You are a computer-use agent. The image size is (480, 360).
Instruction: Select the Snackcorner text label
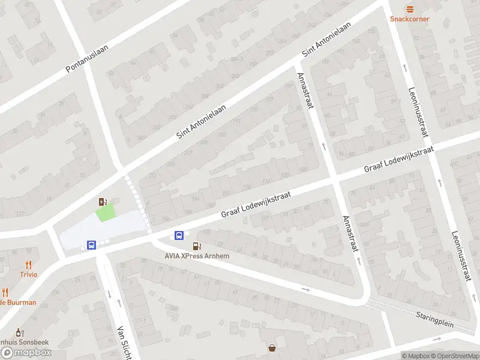[410, 19]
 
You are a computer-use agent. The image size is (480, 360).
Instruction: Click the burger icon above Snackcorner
[410, 9]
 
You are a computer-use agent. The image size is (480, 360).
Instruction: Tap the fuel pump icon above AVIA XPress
[196, 247]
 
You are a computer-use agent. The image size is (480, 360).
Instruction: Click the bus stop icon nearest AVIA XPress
[179, 235]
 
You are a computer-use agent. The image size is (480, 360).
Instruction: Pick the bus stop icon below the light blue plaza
[91, 245]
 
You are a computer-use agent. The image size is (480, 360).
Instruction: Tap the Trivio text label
[28, 274]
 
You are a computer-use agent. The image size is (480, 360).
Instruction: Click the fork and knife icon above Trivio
[28, 265]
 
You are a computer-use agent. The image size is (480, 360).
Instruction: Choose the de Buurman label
[18, 302]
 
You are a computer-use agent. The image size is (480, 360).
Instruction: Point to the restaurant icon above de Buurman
[5, 292]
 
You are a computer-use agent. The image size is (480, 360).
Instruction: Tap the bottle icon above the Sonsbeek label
[19, 332]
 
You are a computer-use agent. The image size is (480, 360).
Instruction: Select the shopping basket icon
[272, 347]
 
